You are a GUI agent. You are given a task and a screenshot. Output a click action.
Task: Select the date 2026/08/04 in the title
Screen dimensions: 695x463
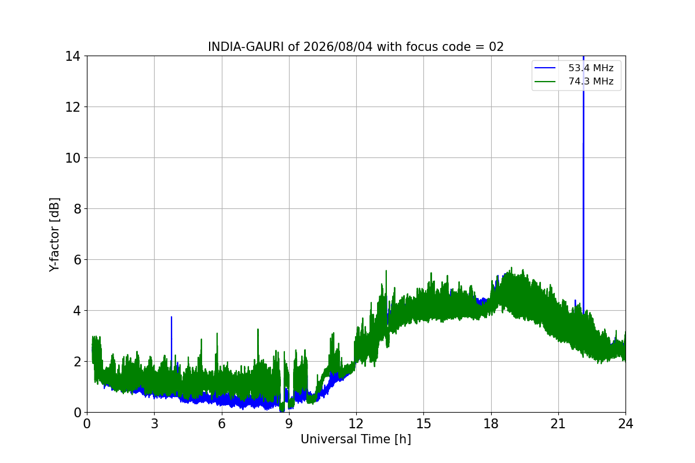[338, 47]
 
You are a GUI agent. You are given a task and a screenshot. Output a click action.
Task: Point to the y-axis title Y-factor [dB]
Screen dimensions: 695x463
[54, 235]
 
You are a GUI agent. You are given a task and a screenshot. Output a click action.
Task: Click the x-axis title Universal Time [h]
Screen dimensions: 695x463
[356, 439]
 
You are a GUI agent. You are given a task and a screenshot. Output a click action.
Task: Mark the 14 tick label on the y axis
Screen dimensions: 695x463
[72, 56]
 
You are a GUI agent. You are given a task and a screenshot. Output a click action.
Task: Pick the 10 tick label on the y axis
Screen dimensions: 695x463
[72, 158]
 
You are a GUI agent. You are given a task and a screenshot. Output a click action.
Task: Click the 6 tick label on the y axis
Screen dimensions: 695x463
[77, 260]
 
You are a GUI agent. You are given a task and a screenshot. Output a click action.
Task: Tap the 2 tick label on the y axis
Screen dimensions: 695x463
[77, 362]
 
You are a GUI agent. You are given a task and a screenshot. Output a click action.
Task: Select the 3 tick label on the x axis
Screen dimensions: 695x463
[155, 424]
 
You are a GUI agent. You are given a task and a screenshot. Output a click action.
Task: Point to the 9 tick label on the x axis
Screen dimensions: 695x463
[289, 424]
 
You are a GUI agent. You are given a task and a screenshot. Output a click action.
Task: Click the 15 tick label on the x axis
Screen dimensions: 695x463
[424, 424]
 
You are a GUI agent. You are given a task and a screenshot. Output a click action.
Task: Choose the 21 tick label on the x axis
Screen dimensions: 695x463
[558, 424]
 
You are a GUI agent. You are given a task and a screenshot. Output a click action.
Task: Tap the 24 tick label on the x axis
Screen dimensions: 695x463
[625, 424]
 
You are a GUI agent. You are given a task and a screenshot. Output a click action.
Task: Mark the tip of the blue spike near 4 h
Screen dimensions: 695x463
[171, 317]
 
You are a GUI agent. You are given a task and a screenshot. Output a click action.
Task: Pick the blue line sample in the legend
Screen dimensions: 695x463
[545, 68]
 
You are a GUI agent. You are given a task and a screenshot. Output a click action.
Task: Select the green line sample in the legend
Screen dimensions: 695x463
[545, 82]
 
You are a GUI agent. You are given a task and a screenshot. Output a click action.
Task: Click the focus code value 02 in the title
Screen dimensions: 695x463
[496, 47]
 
